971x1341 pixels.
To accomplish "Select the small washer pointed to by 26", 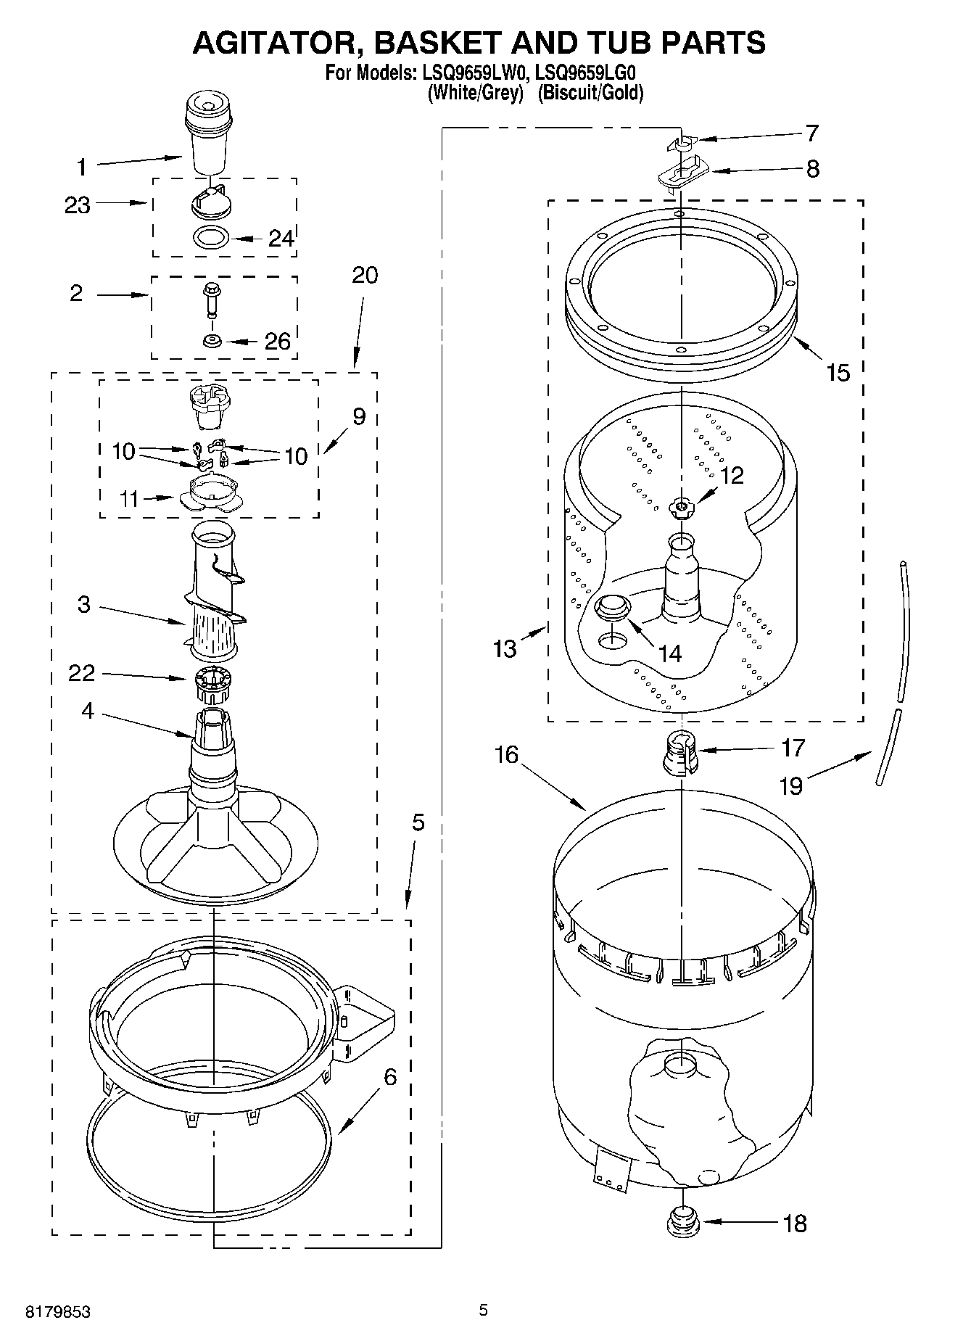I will click(x=212, y=341).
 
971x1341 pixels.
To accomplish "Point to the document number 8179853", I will click(x=58, y=1312).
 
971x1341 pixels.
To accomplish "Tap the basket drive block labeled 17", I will click(x=680, y=754).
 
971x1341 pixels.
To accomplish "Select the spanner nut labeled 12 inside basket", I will click(x=681, y=507).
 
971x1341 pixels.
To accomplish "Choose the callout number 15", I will click(x=838, y=373).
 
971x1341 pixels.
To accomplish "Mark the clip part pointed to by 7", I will click(x=679, y=144).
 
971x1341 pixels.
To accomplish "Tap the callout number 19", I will click(x=791, y=785).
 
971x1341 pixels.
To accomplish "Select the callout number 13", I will click(x=505, y=648).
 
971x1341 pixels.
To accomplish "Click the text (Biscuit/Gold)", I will click(x=590, y=93).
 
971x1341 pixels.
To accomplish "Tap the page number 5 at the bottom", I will click(x=483, y=1310).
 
